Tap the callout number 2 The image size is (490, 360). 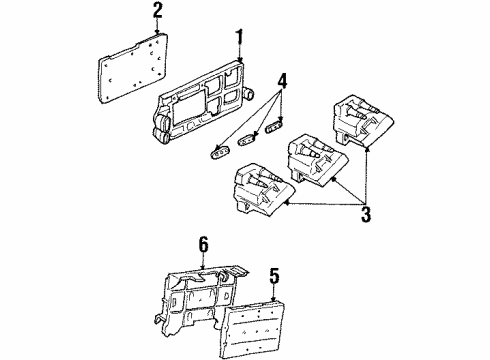[x=156, y=12]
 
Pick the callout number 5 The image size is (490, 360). [x=274, y=271]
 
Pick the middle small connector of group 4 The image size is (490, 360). [x=249, y=139]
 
